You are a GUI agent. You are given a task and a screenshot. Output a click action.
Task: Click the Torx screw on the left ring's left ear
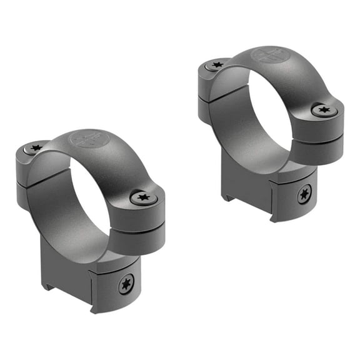click(36, 148)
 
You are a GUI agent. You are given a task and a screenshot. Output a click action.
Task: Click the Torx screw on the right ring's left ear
click(217, 64)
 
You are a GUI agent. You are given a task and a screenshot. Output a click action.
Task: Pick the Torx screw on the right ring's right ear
click(323, 111)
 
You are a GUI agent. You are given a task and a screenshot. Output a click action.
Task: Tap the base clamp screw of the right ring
click(304, 195)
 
